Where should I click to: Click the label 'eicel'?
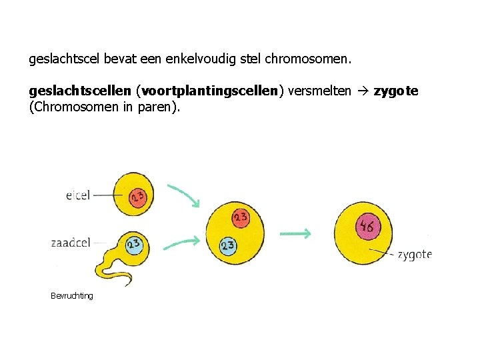click(77, 195)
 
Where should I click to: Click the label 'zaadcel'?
click(70, 243)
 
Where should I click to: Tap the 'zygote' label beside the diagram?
click(415, 254)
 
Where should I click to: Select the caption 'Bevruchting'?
click(72, 295)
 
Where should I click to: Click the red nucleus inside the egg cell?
click(137, 196)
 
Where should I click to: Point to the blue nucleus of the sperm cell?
click(134, 244)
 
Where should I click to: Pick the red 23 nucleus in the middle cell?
click(241, 217)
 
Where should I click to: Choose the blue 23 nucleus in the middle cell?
click(228, 246)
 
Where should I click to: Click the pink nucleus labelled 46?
click(367, 227)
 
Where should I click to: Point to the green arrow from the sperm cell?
click(181, 243)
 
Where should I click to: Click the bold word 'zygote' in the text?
click(396, 91)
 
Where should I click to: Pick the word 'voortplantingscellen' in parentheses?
click(209, 91)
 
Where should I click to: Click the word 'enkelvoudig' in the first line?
click(200, 59)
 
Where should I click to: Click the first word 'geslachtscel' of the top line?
click(63, 59)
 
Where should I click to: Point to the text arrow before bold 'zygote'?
click(362, 91)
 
